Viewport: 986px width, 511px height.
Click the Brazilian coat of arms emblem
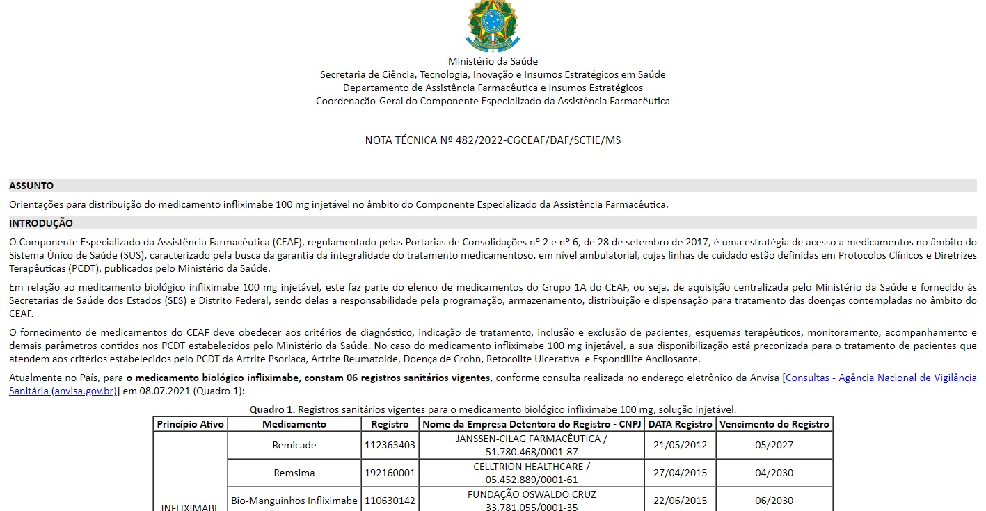[493, 25]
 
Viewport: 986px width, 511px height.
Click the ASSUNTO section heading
[31, 186]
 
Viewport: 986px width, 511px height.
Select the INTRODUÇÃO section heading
[41, 223]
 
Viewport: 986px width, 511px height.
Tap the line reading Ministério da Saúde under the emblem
[493, 61]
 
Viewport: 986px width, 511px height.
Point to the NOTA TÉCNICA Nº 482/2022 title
[493, 140]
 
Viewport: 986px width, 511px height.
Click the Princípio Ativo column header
[191, 424]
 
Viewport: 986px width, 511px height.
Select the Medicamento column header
[294, 424]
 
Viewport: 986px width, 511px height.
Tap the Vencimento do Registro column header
[774, 424]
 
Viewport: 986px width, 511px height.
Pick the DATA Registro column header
[680, 424]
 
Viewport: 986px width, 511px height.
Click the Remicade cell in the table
[294, 445]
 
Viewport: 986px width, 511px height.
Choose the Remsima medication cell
[294, 473]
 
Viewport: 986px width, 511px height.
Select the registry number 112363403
[390, 445]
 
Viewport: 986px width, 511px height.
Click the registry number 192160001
[390, 473]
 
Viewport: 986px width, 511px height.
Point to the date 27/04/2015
[680, 473]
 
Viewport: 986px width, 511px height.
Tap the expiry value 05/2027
[774, 445]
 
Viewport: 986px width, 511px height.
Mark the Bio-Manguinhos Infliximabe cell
[294, 501]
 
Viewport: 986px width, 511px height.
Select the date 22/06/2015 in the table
[680, 501]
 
